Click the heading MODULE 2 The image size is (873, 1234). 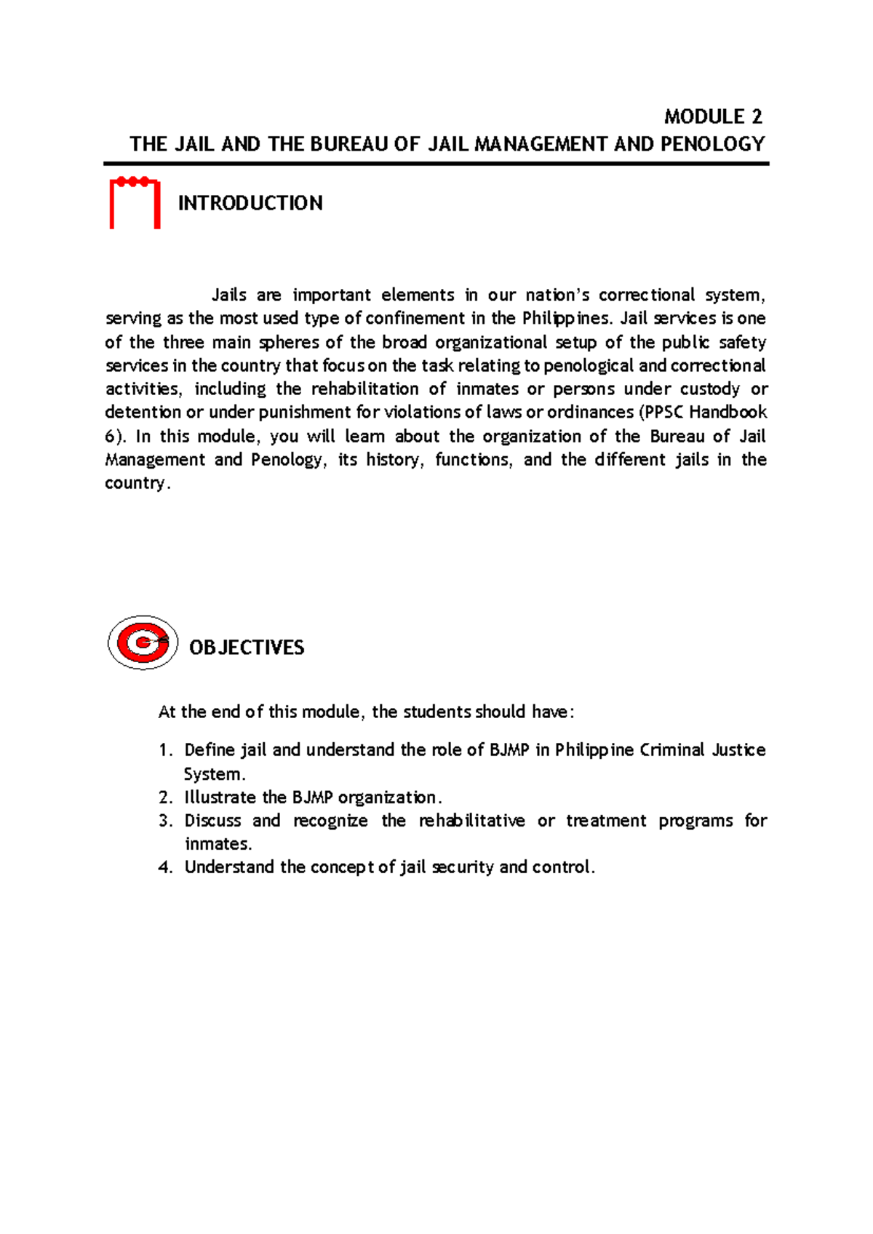(713, 116)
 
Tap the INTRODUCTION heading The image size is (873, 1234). (250, 203)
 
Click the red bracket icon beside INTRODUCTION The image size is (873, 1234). (135, 203)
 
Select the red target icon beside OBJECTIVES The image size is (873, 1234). (143, 642)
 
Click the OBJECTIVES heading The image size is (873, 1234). (247, 648)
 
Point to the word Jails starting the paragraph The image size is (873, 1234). (228, 295)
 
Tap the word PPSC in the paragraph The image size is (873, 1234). (663, 413)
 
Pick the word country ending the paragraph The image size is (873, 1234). (135, 483)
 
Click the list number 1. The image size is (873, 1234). (165, 750)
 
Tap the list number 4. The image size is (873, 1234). (165, 867)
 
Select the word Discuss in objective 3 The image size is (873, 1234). (212, 821)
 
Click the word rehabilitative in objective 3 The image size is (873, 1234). (471, 821)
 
